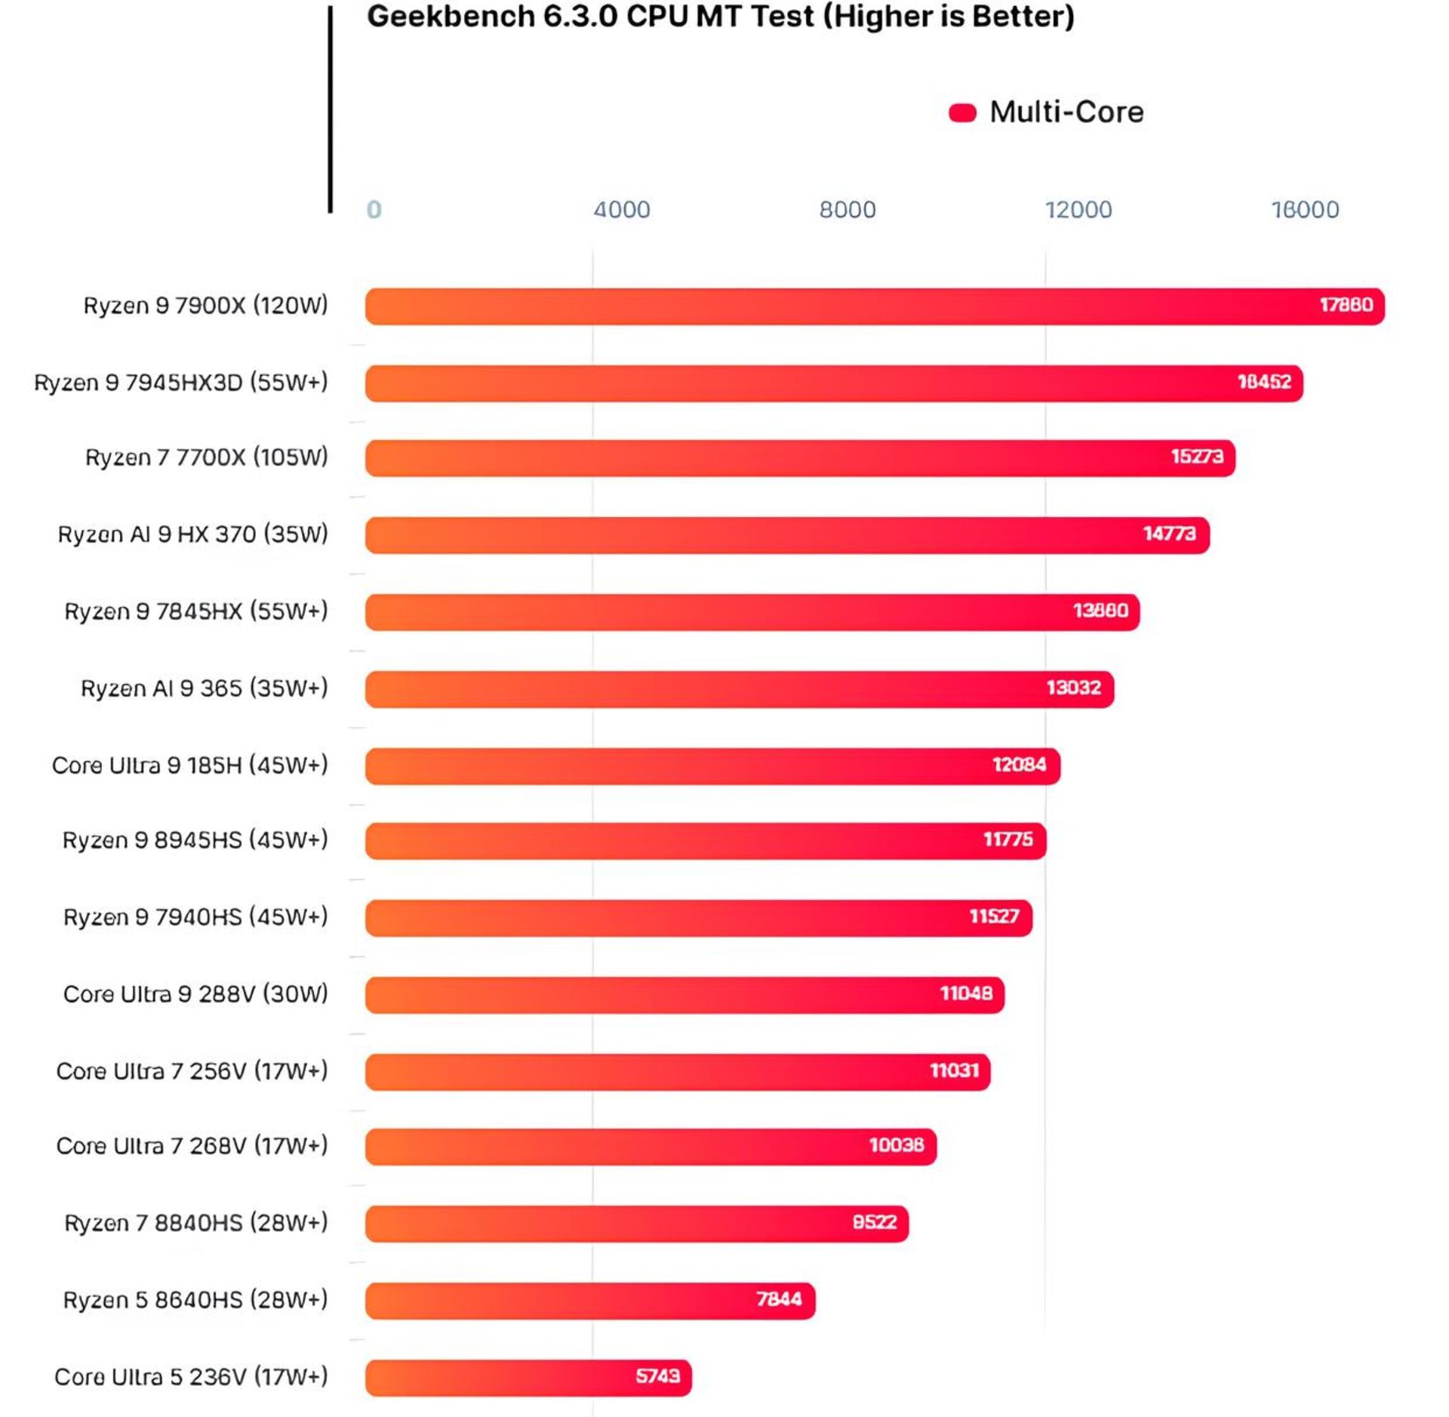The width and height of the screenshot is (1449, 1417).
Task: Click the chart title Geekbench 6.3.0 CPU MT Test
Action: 720,17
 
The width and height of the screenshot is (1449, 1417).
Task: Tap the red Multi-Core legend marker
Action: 962,112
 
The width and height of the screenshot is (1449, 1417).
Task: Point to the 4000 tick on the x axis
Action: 621,209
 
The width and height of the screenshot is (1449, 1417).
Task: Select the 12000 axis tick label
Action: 1078,209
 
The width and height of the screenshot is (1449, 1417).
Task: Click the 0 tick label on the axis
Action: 374,209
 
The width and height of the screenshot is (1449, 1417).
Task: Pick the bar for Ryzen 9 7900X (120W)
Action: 874,306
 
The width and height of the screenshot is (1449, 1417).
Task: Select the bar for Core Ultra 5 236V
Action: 528,1376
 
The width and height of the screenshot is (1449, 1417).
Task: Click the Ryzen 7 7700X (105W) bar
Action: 800,457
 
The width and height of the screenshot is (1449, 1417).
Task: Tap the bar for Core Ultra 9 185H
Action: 712,765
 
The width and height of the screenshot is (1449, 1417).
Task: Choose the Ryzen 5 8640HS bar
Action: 590,1300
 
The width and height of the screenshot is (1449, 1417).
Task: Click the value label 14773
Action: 1169,534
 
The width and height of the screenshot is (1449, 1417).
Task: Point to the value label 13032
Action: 1073,688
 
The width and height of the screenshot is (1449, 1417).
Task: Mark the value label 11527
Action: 994,916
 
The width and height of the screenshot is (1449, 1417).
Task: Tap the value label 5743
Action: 657,1375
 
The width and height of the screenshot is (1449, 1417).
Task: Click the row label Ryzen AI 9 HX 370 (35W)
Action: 193,534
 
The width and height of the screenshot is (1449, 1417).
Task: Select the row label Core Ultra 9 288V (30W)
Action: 195,993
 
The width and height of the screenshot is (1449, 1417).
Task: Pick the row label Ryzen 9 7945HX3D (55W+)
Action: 181,383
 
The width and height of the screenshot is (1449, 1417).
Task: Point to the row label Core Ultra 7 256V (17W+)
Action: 192,1070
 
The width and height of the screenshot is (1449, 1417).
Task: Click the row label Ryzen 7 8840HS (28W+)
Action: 196,1223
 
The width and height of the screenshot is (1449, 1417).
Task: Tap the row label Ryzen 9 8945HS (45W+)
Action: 195,840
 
